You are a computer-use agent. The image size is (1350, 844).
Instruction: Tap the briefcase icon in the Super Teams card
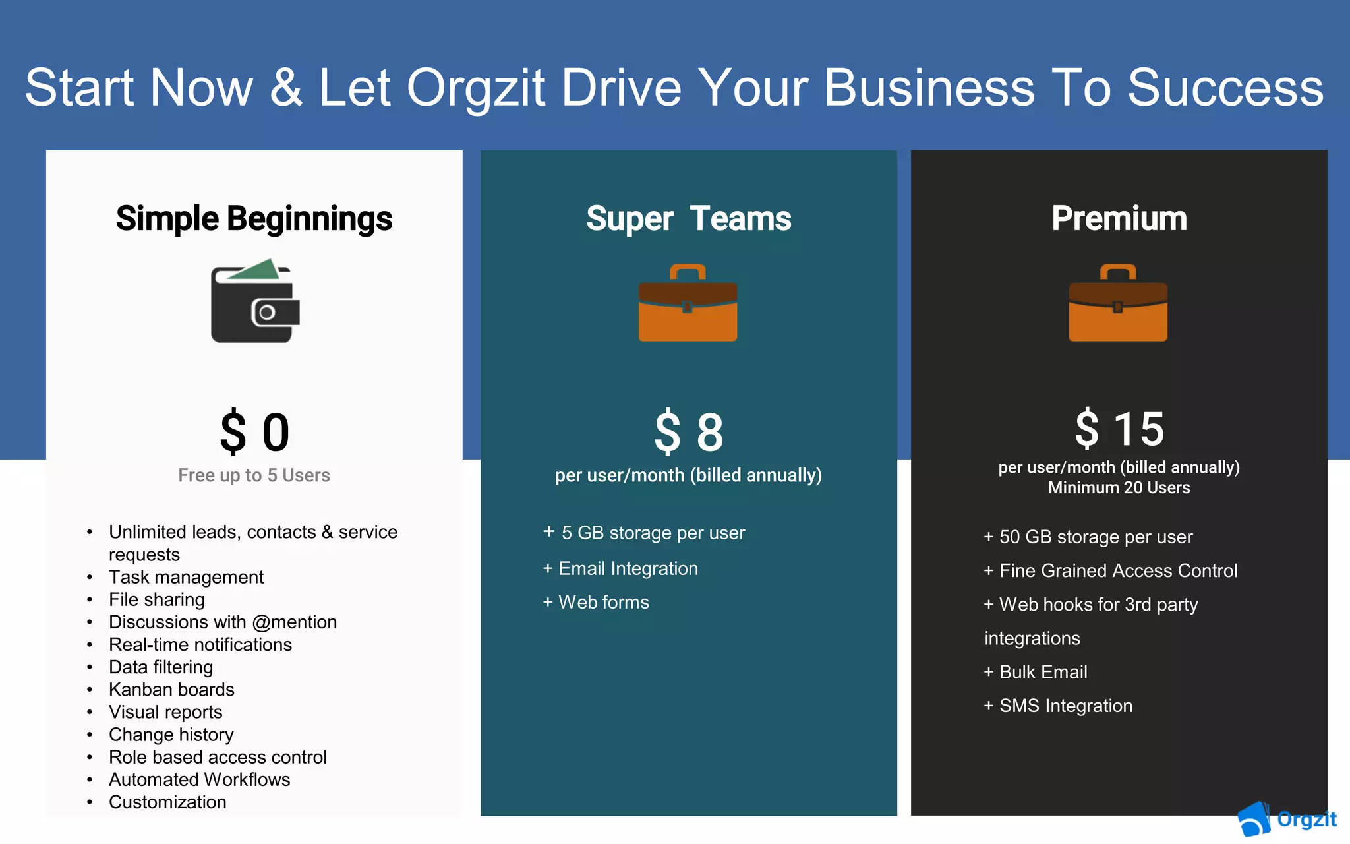688,303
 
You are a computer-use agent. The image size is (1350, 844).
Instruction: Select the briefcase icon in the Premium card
1118,303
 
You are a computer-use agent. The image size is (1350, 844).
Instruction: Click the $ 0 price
254,433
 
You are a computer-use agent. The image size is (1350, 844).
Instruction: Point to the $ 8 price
688,433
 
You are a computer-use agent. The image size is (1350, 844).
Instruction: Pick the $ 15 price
1119,429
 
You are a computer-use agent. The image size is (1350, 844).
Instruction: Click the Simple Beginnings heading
254,219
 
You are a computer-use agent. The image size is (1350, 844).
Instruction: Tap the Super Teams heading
688,219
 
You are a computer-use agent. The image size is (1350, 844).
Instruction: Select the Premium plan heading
1119,219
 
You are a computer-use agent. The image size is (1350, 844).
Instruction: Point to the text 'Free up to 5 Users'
254,475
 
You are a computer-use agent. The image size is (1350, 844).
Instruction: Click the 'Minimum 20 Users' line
1119,488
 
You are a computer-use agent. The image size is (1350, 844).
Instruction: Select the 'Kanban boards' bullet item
171,690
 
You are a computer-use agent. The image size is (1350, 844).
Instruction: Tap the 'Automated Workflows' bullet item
199,779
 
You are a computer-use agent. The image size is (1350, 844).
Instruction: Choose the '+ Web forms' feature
596,602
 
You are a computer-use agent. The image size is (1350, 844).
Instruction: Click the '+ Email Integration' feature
620,568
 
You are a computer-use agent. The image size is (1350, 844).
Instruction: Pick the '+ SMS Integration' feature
1058,706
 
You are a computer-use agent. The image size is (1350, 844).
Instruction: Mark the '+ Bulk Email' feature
1036,672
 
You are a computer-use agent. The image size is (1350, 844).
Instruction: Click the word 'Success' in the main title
1225,88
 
